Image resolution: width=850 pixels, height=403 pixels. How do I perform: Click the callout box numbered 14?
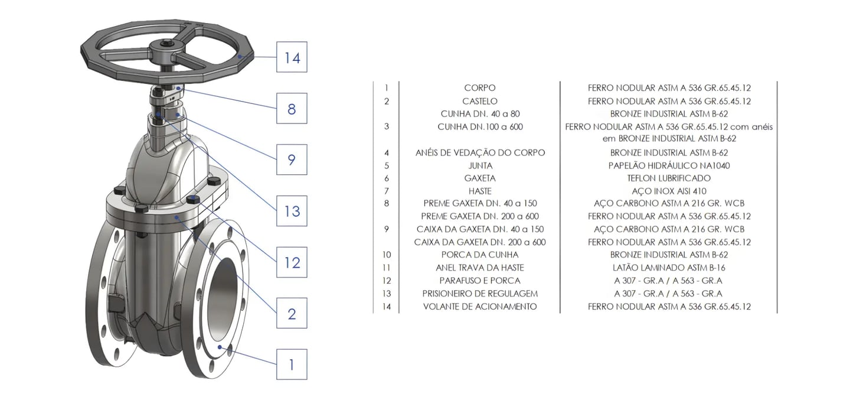[292, 57]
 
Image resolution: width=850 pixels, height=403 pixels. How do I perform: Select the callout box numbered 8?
[292, 109]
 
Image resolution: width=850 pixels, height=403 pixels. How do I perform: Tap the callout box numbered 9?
[292, 160]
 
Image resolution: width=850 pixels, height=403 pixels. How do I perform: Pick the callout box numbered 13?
[292, 211]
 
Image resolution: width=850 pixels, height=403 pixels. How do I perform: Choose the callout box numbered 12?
[292, 262]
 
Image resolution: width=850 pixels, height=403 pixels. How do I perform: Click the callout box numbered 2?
[292, 313]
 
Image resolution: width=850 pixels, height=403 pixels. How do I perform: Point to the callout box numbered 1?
[292, 364]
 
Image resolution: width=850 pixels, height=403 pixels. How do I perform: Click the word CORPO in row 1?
[480, 88]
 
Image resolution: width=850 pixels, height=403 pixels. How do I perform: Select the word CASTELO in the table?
[480, 101]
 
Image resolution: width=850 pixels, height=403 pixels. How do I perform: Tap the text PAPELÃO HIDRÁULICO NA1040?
[669, 165]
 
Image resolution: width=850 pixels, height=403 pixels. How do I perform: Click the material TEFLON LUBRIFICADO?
[669, 178]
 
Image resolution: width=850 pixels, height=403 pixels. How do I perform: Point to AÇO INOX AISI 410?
[669, 191]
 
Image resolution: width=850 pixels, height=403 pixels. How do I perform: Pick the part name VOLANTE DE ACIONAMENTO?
[480, 307]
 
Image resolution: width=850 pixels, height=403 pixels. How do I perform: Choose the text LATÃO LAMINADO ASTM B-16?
[669, 268]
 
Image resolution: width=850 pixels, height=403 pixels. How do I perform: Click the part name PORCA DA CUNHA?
[480, 255]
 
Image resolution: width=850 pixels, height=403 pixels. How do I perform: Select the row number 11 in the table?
[387, 268]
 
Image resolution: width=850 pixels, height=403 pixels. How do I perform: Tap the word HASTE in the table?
[480, 191]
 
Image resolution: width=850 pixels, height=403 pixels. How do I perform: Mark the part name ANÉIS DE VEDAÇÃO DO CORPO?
[480, 152]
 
